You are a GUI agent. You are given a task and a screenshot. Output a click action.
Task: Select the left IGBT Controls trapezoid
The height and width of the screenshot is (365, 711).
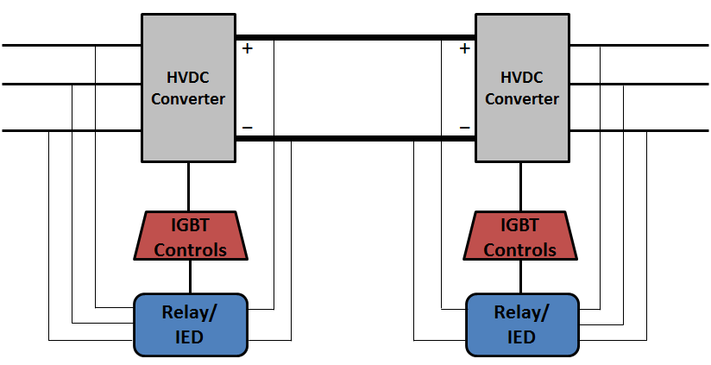tap(190, 237)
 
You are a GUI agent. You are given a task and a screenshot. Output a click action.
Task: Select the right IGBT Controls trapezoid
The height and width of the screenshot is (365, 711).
tap(519, 237)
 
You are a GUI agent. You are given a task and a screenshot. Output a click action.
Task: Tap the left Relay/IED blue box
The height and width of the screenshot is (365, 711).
tap(190, 324)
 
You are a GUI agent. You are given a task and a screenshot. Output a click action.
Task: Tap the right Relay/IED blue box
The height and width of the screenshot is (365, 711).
tap(522, 324)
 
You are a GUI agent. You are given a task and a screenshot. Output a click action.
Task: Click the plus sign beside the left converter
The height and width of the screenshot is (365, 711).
tap(248, 49)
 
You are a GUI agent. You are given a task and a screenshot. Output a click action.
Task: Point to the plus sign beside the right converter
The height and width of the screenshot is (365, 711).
tap(464, 49)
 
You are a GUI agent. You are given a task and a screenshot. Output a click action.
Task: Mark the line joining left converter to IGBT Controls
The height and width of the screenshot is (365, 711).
tap(189, 186)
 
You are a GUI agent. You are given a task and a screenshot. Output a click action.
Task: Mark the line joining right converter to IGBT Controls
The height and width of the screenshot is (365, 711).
tap(520, 186)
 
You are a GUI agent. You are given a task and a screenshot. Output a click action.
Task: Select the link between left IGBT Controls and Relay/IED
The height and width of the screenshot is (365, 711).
tap(190, 277)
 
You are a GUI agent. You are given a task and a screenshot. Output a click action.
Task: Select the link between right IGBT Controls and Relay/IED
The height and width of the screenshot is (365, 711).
tap(520, 277)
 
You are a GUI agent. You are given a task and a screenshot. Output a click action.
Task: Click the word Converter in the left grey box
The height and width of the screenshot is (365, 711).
tap(188, 99)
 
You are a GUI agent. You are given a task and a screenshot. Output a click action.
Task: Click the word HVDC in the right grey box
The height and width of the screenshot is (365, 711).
tap(521, 79)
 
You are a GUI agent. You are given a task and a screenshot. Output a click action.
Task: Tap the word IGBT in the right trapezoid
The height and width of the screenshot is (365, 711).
tap(519, 226)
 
